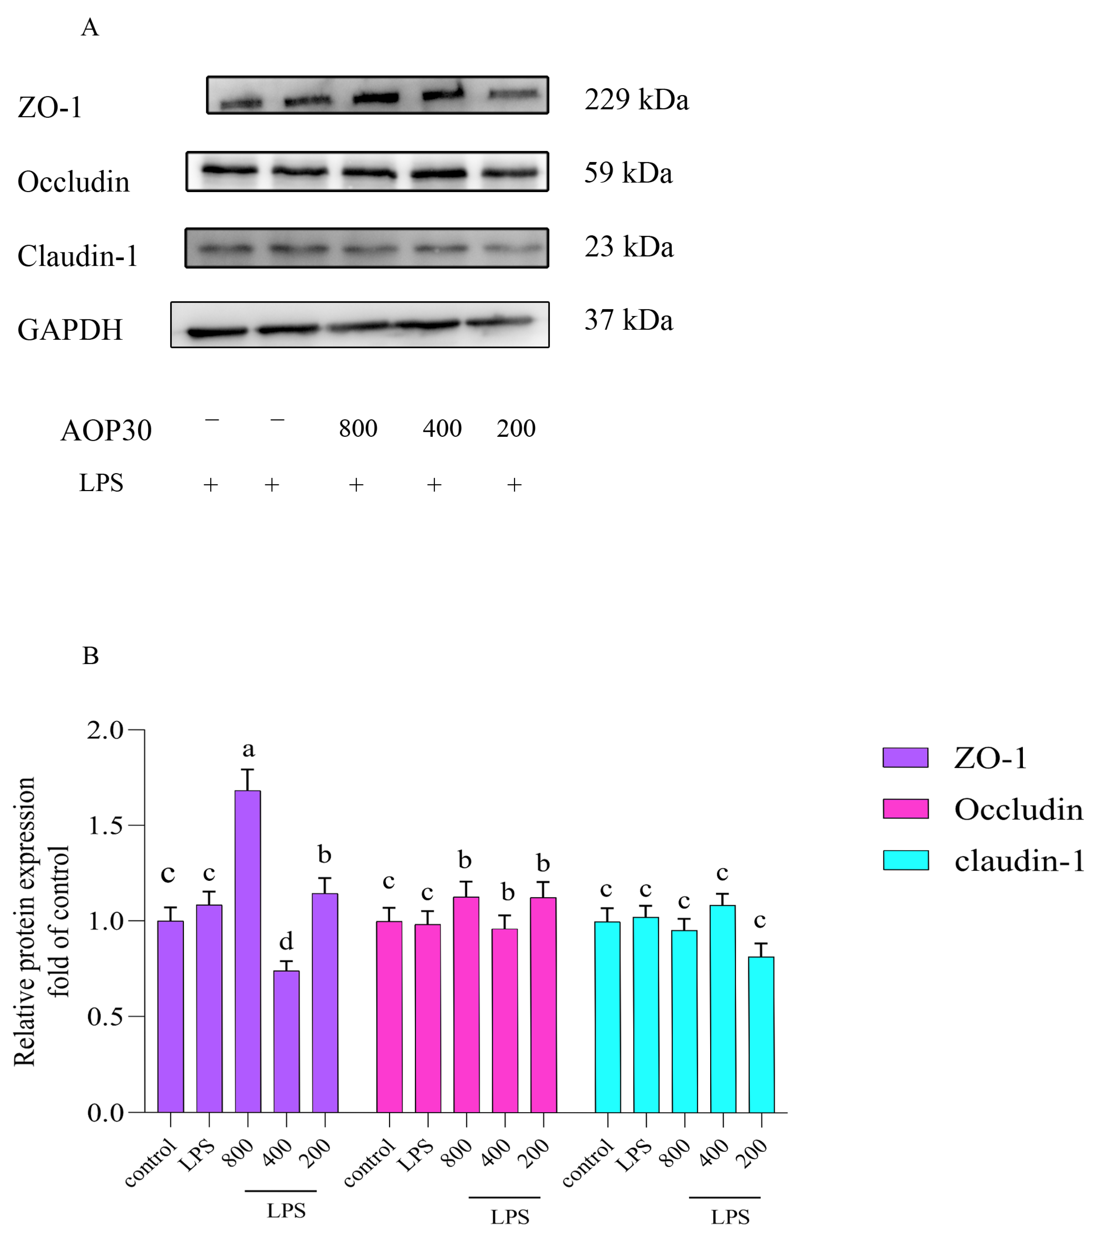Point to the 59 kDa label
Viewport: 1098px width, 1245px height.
(x=628, y=173)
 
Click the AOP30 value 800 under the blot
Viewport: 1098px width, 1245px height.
(x=358, y=429)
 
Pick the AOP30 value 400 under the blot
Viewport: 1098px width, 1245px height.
(x=442, y=429)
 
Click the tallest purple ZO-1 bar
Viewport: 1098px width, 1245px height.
(x=248, y=950)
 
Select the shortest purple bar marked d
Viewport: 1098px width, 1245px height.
(x=286, y=1041)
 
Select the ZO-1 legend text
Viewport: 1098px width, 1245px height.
(x=990, y=758)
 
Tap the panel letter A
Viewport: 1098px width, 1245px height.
(x=90, y=27)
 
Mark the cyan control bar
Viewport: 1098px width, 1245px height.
(x=607, y=1017)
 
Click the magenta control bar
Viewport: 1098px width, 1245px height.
(x=389, y=1017)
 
